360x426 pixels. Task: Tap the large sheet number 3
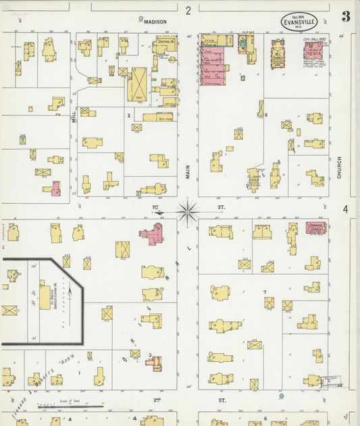click(345, 17)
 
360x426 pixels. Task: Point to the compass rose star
click(188, 211)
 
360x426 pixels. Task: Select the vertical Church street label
click(339, 168)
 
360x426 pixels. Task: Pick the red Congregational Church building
click(313, 229)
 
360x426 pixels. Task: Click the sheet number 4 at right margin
click(345, 209)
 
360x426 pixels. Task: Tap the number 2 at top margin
click(189, 10)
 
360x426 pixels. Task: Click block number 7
click(264, 292)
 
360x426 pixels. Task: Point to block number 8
click(267, 115)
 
